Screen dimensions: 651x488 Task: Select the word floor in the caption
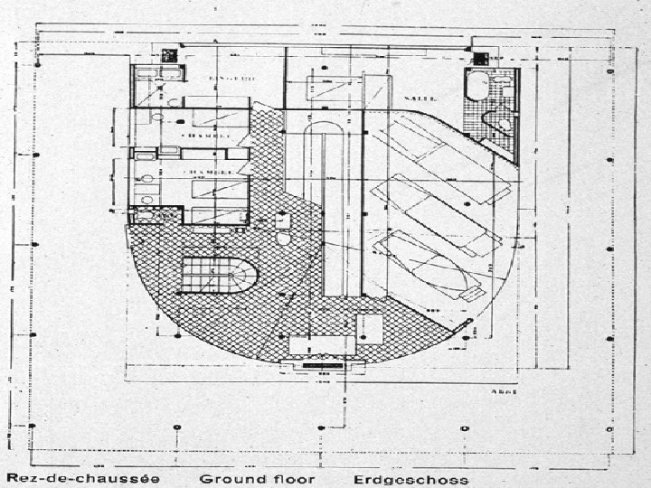pyautogui.click(x=295, y=478)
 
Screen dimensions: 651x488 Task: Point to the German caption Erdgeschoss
pyautogui.click(x=410, y=478)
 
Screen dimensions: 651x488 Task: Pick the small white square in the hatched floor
pyautogui.click(x=370, y=326)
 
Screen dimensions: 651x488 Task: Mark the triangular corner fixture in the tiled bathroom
pyautogui.click(x=500, y=124)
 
